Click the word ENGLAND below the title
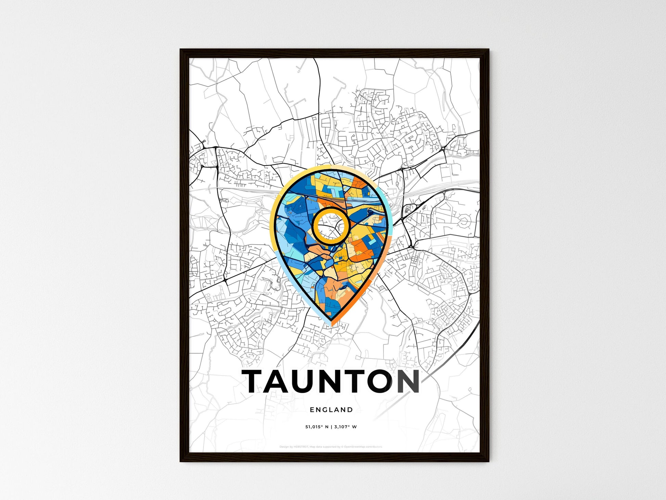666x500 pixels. (331, 410)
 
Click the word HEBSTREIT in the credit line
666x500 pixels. (301, 447)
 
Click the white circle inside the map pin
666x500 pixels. (330, 226)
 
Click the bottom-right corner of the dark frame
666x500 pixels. (488, 461)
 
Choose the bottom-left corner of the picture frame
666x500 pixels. (181, 461)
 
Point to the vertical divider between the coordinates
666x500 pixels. (331, 427)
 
